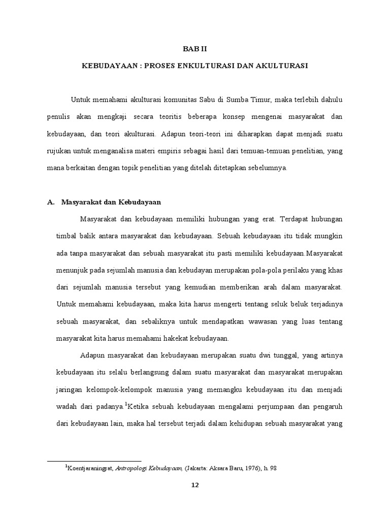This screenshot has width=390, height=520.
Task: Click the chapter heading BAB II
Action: click(x=195, y=49)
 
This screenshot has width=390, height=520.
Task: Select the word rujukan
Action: click(x=58, y=151)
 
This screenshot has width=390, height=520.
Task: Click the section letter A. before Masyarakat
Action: click(x=50, y=202)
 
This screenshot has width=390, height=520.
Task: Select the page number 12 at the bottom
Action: click(x=195, y=485)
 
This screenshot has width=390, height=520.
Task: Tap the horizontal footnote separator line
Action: click(x=94, y=447)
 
